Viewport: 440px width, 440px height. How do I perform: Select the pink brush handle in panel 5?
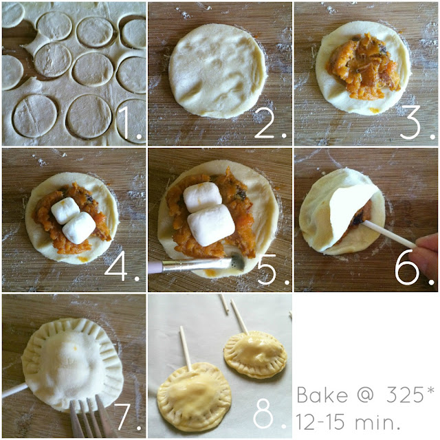155,267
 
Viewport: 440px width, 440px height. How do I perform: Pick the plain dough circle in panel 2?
217,70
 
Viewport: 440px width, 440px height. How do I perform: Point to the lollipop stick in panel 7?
15,390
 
